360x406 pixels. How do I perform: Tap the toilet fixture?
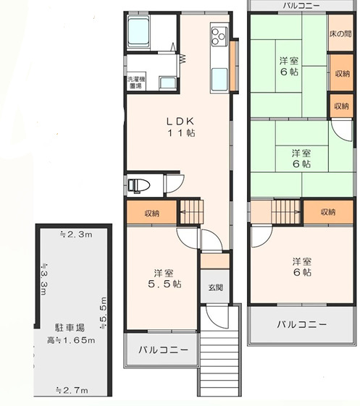point(138,185)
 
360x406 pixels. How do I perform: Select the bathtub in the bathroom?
point(138,33)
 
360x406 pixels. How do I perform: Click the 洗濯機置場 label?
point(135,82)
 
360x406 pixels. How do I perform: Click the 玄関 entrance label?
point(215,287)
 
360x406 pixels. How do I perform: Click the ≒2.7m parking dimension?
point(72,391)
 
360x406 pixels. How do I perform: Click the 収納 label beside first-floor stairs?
point(151,213)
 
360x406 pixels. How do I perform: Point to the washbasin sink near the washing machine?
point(167,83)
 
